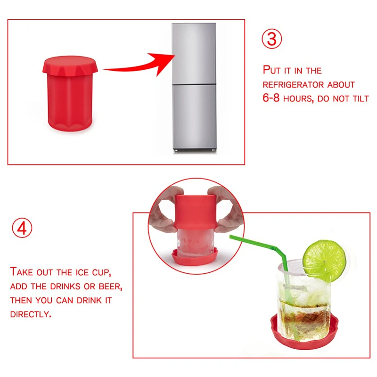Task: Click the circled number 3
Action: (272, 39)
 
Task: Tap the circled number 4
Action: (22, 228)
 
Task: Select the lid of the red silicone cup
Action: (70, 65)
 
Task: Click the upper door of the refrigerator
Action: (194, 53)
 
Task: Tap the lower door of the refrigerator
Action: (194, 117)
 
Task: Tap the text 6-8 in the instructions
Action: (271, 98)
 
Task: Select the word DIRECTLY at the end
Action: (31, 314)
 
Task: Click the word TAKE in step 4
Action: (22, 272)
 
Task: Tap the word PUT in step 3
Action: (272, 70)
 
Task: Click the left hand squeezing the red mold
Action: (164, 212)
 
